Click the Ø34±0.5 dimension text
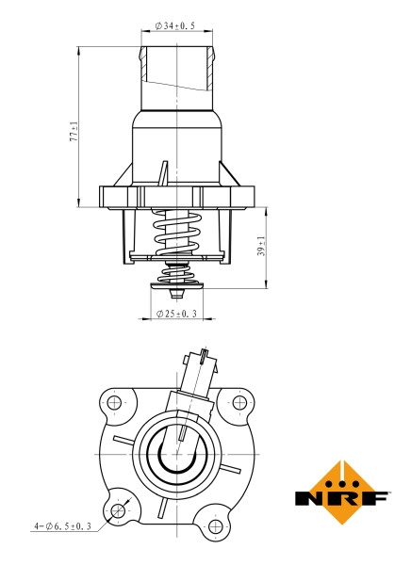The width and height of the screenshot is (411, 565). (177, 26)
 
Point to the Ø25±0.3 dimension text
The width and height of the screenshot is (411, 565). (177, 313)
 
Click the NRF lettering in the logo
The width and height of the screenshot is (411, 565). (340, 497)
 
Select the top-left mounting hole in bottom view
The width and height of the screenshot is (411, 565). (115, 403)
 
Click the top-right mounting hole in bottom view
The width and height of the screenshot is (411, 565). (239, 403)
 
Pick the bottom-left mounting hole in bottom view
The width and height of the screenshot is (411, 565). (117, 510)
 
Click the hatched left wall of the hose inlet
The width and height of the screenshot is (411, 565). (143, 63)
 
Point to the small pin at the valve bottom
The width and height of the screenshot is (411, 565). (176, 291)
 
